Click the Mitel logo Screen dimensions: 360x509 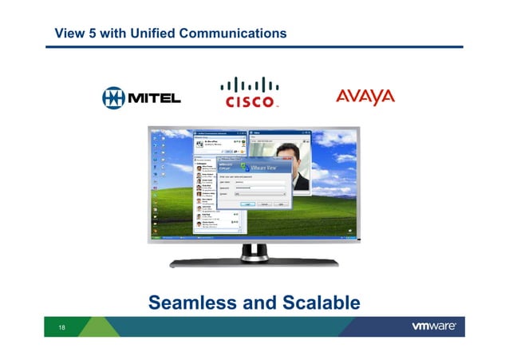click(141, 97)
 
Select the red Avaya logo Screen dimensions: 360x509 click(365, 97)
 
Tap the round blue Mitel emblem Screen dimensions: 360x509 click(113, 97)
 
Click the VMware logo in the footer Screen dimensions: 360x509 click(433, 326)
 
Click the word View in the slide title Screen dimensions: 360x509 click(68, 34)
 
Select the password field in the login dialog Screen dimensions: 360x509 click(262, 188)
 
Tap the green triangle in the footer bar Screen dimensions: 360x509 click(102, 326)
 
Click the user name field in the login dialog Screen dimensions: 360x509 click(262, 181)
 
